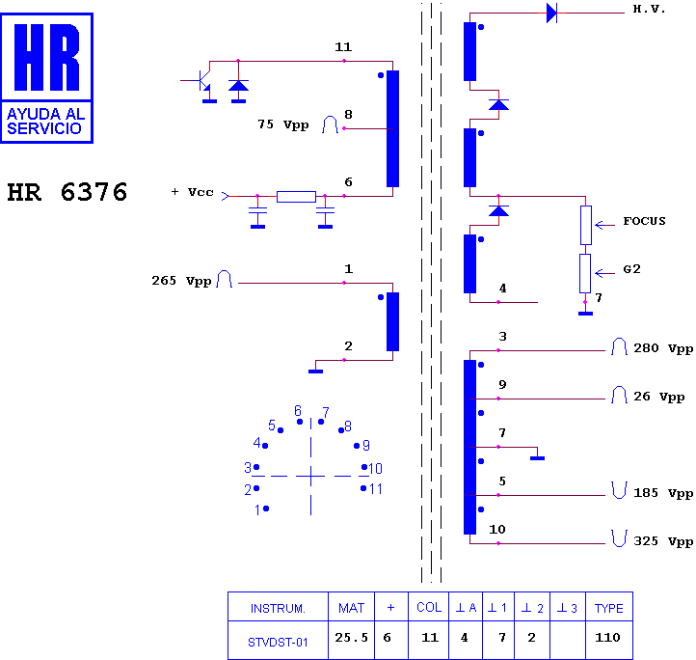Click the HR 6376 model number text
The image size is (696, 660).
coord(67,192)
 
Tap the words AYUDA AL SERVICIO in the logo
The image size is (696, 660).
coord(45,122)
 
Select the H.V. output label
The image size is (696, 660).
coord(649,9)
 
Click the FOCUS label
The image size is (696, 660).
coord(644,221)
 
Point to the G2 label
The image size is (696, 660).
coord(631,269)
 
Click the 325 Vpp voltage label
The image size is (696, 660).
coord(663,541)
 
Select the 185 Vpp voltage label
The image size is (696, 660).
coord(663,493)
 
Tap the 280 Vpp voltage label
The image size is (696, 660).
coord(663,348)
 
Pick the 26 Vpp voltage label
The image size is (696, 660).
coord(658,397)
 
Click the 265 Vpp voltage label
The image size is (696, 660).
coord(181,281)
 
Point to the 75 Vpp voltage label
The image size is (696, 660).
coord(283,124)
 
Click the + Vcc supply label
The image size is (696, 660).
coord(192,192)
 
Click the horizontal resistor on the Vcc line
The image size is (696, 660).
coord(296,197)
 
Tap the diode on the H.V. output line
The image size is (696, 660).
coord(551,13)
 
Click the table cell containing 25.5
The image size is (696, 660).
coord(351,638)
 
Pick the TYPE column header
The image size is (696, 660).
coord(609,608)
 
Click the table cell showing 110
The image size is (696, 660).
coord(607,638)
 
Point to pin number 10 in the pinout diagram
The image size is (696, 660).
coord(376,468)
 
